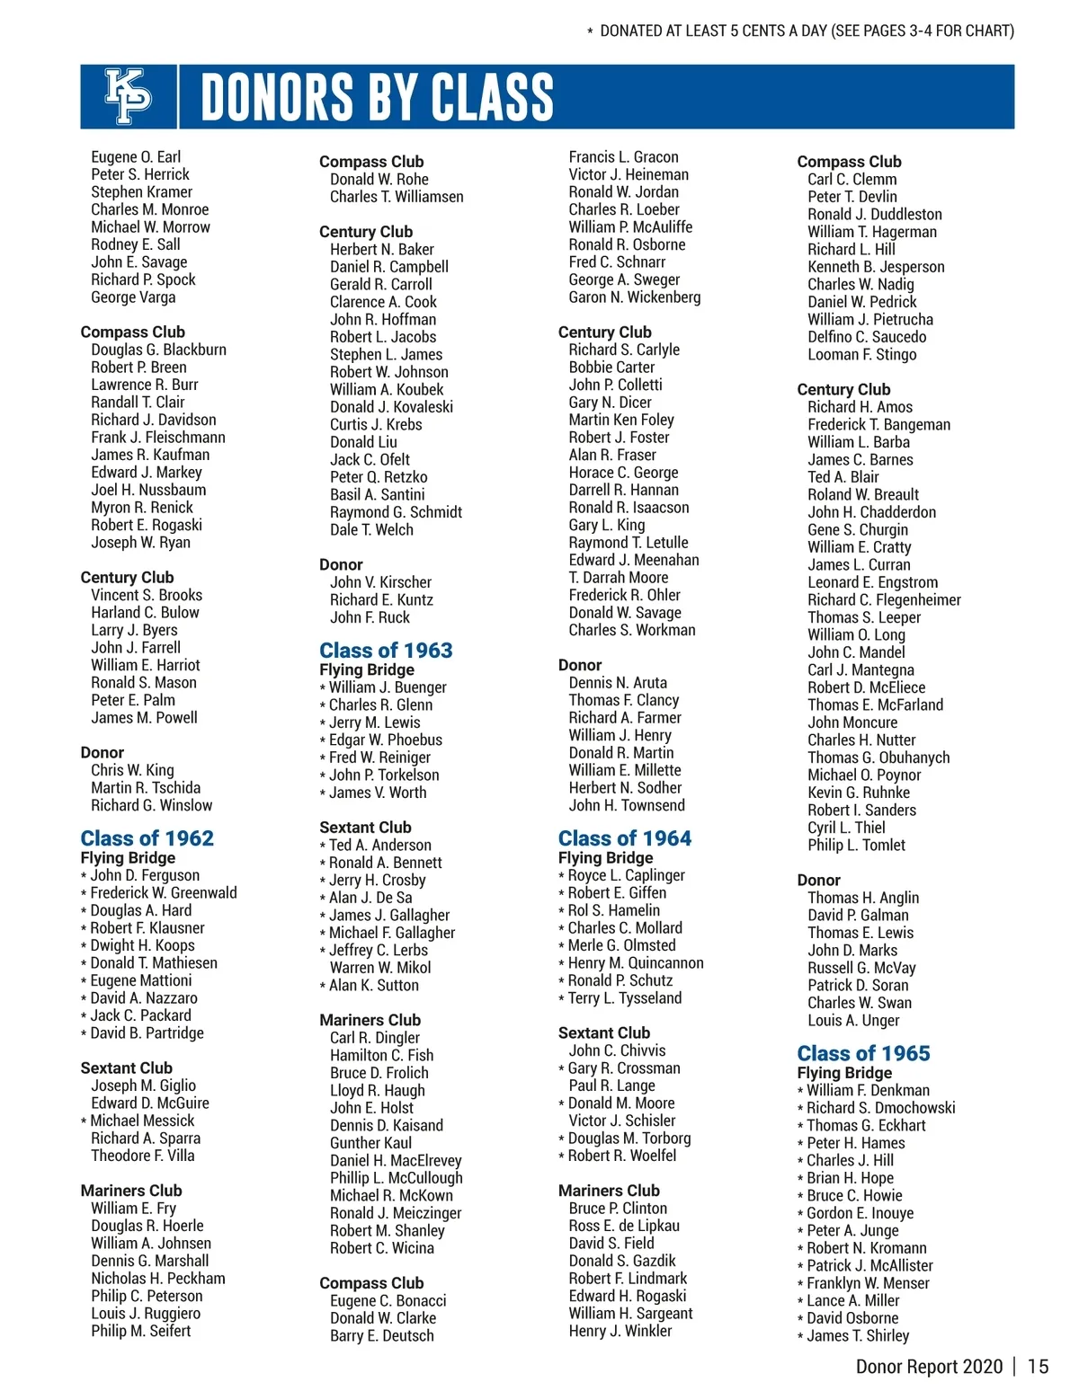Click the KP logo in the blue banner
pos(129,95)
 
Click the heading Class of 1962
pos(147,838)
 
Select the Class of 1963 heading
pos(386,651)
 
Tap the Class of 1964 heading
pos(625,838)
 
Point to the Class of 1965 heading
pos(863,1053)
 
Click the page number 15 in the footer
pos(1038,1367)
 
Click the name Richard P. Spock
pos(143,279)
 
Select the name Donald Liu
pos(363,442)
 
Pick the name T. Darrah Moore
pos(619,578)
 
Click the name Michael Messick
pos(142,1121)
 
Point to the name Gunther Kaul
pos(370,1143)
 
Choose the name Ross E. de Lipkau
pos(624,1226)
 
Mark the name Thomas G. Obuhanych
pos(878,758)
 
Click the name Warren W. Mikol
pos(380,968)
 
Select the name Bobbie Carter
pos(611,368)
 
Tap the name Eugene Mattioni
pos(141,980)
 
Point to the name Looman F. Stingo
pos(861,355)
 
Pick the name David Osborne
pos(852,1318)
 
